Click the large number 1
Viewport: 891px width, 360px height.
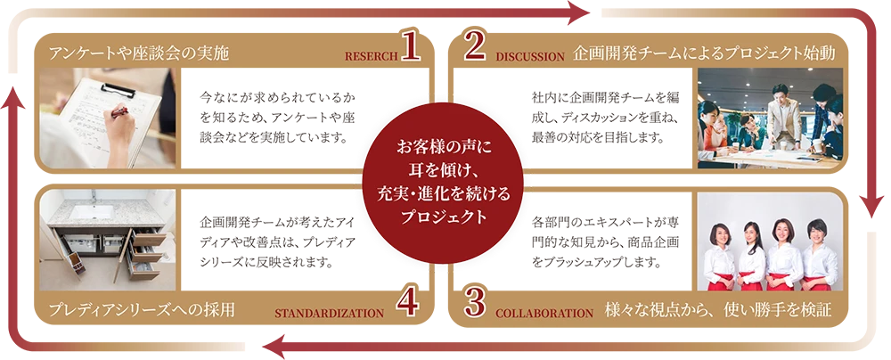point(410,47)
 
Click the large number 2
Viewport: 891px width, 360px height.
point(475,47)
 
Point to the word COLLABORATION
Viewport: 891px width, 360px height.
point(544,313)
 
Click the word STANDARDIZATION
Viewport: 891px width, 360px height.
point(329,313)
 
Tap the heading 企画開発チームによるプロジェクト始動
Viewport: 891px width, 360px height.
point(705,53)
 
